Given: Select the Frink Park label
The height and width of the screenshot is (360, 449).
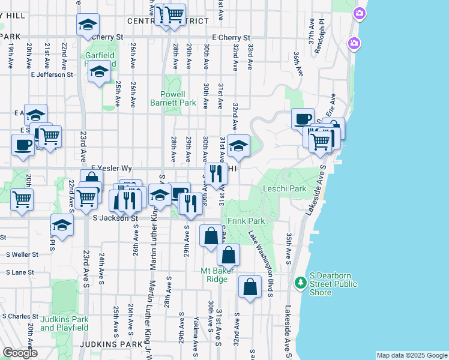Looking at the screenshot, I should tap(242, 221).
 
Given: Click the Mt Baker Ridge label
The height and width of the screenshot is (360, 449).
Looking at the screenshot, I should tap(214, 275).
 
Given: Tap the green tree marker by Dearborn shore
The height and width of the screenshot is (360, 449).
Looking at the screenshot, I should tap(300, 281).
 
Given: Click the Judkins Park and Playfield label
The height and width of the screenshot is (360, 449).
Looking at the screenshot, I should tap(64, 323).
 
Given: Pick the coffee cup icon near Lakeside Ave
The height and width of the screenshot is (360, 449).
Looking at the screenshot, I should tap(303, 118).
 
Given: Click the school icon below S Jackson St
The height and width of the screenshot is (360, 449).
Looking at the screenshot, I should tap(62, 224).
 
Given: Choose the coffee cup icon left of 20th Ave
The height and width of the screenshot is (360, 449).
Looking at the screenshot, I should tap(23, 145).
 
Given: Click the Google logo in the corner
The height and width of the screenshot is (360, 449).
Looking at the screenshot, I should tap(20, 353).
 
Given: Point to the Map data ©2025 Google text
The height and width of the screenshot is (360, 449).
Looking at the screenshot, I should tap(411, 355).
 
